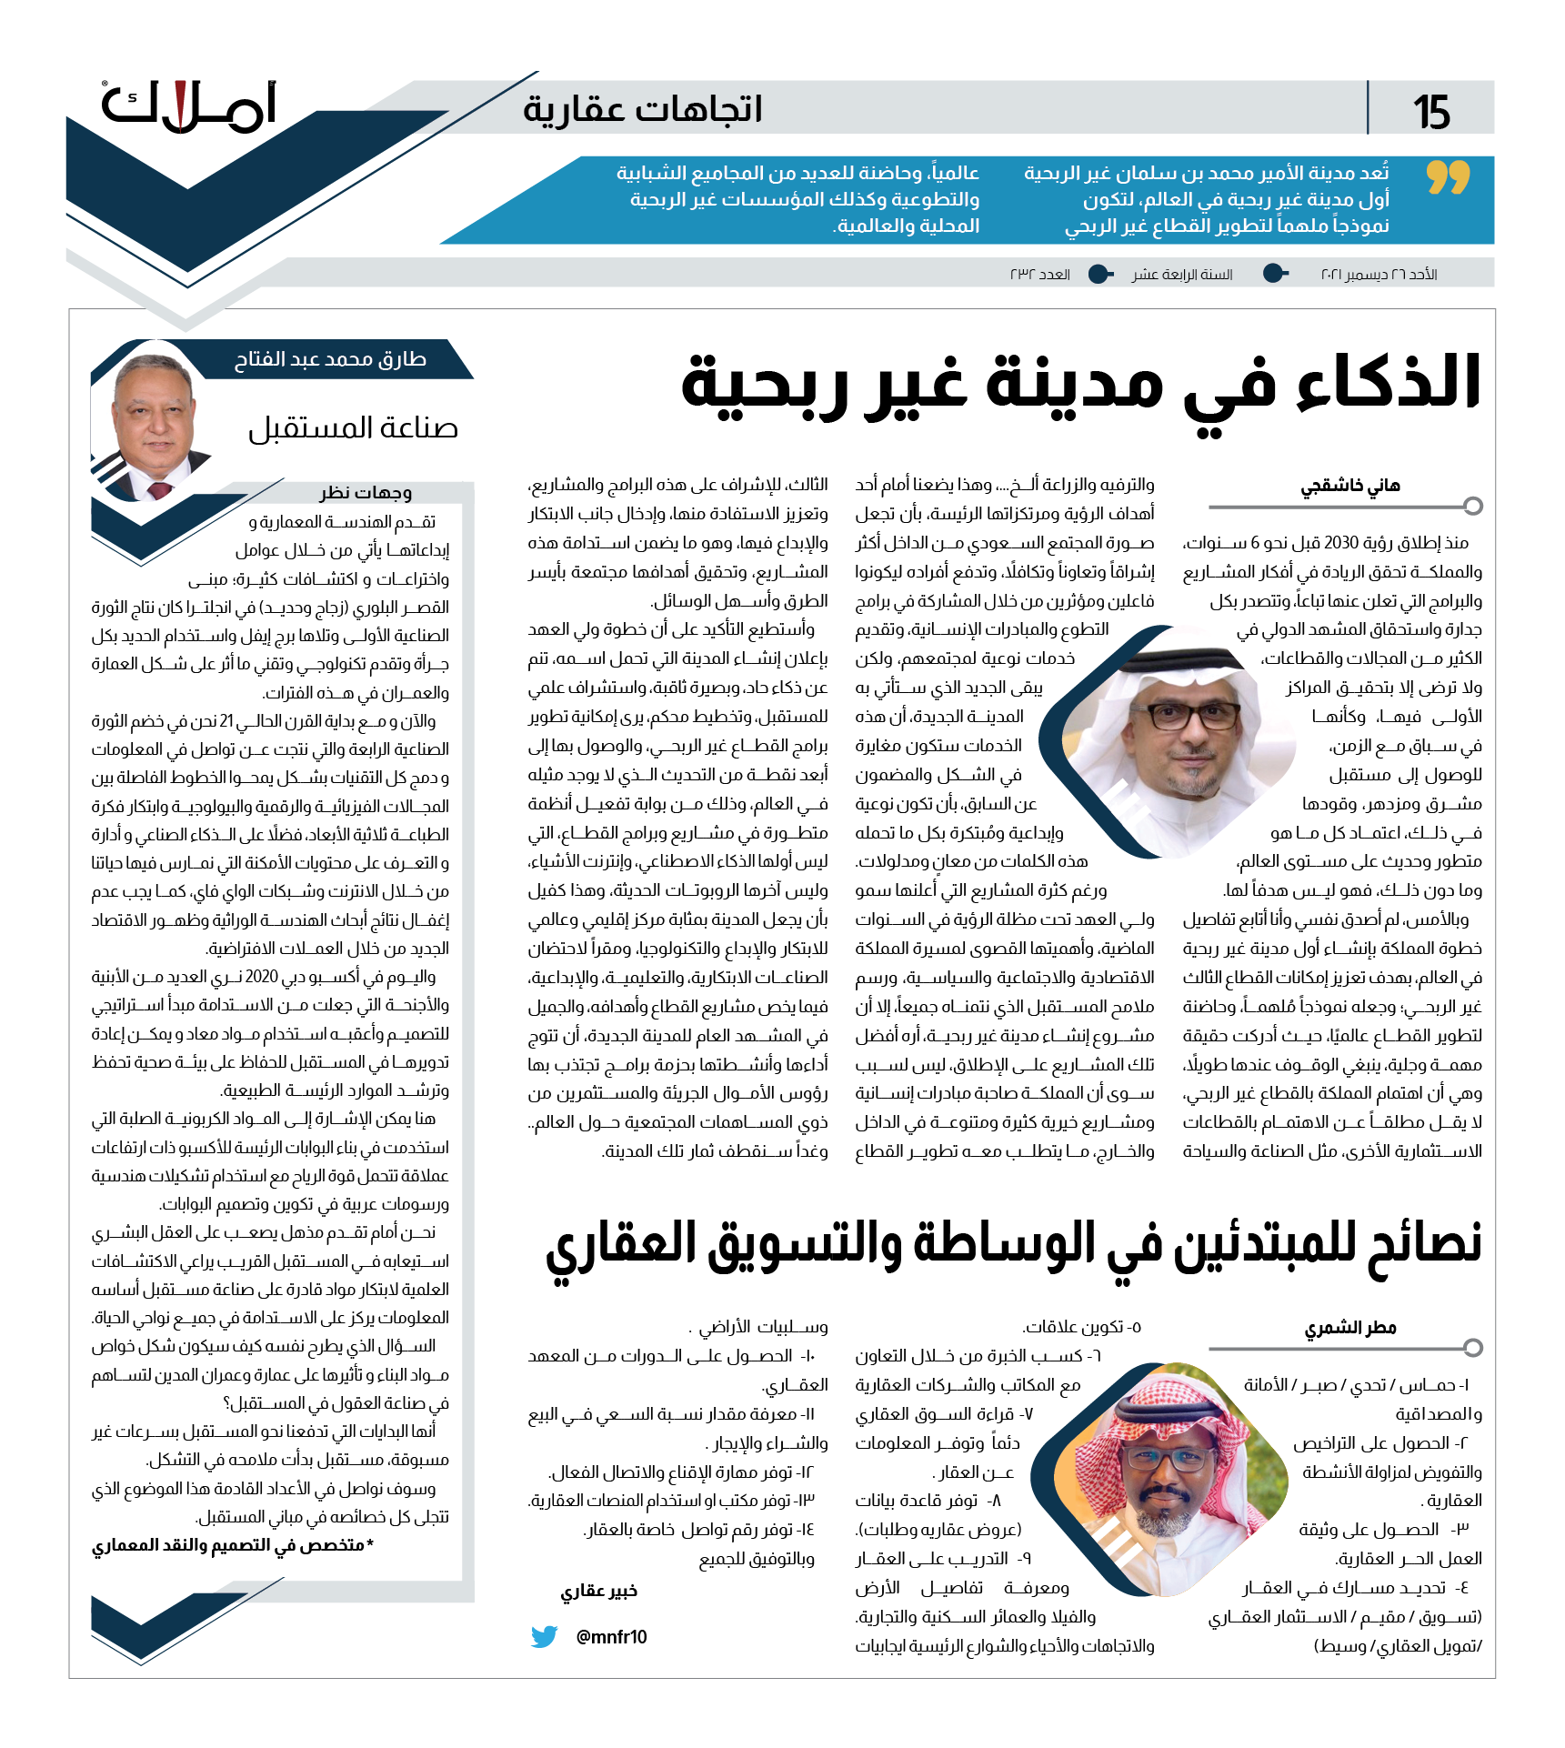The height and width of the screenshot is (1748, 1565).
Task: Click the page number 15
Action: [x=1431, y=112]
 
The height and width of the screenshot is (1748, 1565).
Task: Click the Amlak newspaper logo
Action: [x=188, y=106]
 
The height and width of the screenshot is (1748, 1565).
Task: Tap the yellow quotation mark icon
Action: [x=1448, y=177]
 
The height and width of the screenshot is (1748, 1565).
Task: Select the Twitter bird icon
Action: [x=544, y=1636]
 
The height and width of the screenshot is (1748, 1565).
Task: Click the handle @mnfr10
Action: [x=612, y=1637]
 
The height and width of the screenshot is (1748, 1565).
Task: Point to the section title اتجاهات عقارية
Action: [x=642, y=109]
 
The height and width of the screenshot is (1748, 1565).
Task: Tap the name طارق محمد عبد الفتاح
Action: [x=330, y=359]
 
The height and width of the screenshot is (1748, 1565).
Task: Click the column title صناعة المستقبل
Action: [x=353, y=428]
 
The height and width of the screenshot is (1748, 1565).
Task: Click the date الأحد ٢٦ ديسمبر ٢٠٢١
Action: [x=1379, y=275]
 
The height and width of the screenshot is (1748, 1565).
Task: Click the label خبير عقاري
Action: [x=598, y=1591]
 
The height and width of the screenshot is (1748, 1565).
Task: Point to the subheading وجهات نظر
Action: [x=366, y=493]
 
